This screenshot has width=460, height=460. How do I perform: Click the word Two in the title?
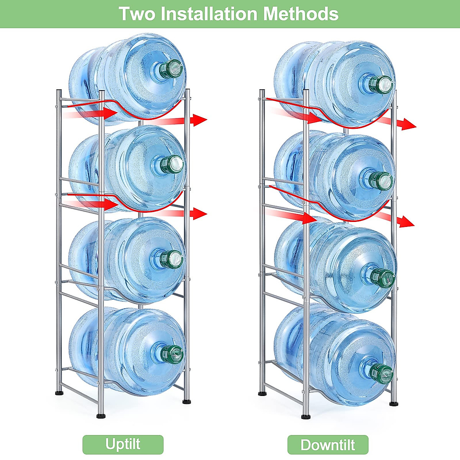(x=137, y=14)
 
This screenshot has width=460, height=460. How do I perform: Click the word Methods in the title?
(x=301, y=14)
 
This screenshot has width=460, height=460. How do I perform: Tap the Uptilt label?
(x=123, y=444)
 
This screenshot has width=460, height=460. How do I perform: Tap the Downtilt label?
(x=328, y=445)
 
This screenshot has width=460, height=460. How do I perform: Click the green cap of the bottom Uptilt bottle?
(x=172, y=353)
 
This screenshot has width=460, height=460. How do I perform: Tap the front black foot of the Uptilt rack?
(x=101, y=415)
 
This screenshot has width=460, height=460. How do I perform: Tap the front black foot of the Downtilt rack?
(x=306, y=416)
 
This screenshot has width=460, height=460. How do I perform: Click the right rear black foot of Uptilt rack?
(x=187, y=401)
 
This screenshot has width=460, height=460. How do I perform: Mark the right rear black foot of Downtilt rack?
(x=394, y=403)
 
